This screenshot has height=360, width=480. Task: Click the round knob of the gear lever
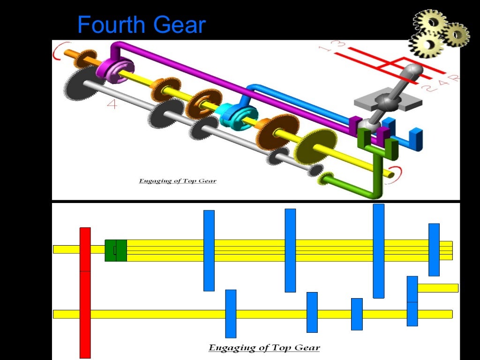tap(412, 71)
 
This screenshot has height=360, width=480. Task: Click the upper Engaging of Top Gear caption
tap(178, 180)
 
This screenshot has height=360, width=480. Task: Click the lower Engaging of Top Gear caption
tap(264, 348)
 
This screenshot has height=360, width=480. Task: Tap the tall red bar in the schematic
tap(85, 292)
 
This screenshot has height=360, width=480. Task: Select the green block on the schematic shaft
tap(115, 250)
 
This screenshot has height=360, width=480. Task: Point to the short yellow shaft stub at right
tap(438, 288)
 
